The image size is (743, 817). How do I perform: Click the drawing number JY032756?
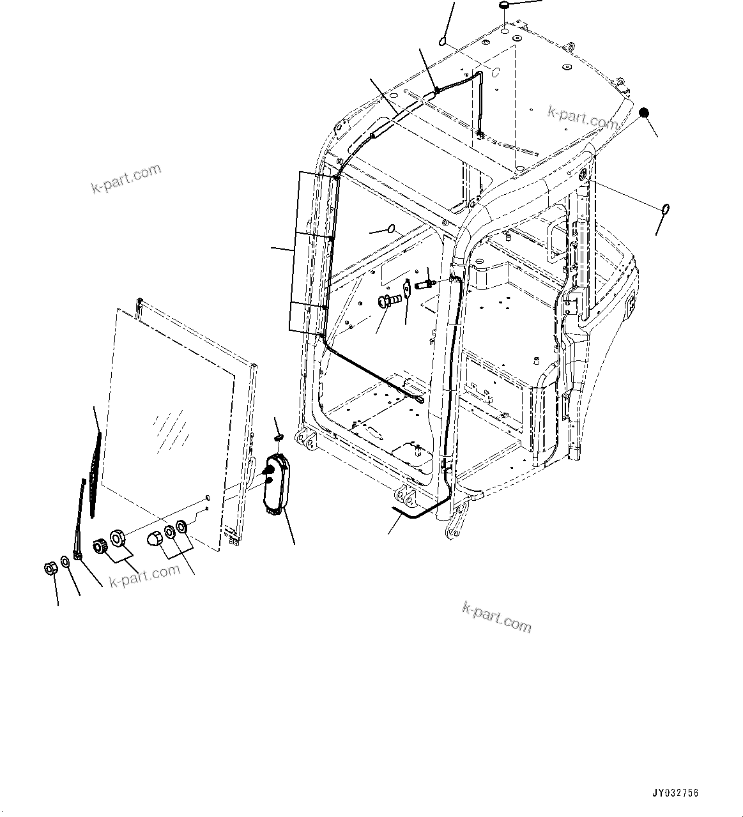[x=676, y=793]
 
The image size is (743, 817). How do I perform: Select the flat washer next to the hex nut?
[x=65, y=562]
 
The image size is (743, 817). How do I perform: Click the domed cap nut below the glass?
[x=155, y=538]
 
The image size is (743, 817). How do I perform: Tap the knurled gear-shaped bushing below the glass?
[x=101, y=547]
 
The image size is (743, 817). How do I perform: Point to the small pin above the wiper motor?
[x=278, y=437]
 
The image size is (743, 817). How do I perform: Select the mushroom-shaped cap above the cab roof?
[x=505, y=6]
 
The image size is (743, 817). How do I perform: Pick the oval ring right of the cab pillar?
[x=664, y=209]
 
